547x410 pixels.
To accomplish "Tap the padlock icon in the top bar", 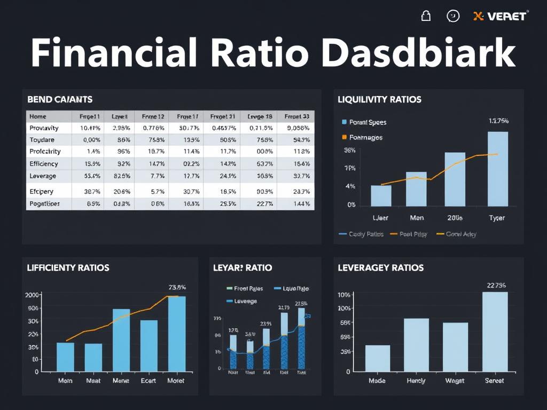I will click(426, 16).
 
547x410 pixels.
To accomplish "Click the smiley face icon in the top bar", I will click(452, 16).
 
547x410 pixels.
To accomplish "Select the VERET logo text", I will click(501, 16).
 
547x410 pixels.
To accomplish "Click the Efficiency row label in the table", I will click(44, 164).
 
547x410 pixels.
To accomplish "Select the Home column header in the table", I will click(38, 116).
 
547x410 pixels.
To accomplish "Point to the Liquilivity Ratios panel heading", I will click(379, 99).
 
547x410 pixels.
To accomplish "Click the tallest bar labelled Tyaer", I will click(498, 169).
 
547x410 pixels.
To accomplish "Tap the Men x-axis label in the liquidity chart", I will click(416, 218).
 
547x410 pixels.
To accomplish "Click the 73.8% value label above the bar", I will click(177, 287).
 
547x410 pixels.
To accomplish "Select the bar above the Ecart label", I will click(149, 345).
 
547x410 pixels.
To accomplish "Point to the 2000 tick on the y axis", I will click(32, 295).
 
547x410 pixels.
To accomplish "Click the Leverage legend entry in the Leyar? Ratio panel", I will click(245, 301).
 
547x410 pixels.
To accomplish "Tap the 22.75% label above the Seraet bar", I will click(496, 285).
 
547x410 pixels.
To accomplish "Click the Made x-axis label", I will click(377, 381).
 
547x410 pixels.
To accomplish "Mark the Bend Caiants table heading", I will click(60, 99).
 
